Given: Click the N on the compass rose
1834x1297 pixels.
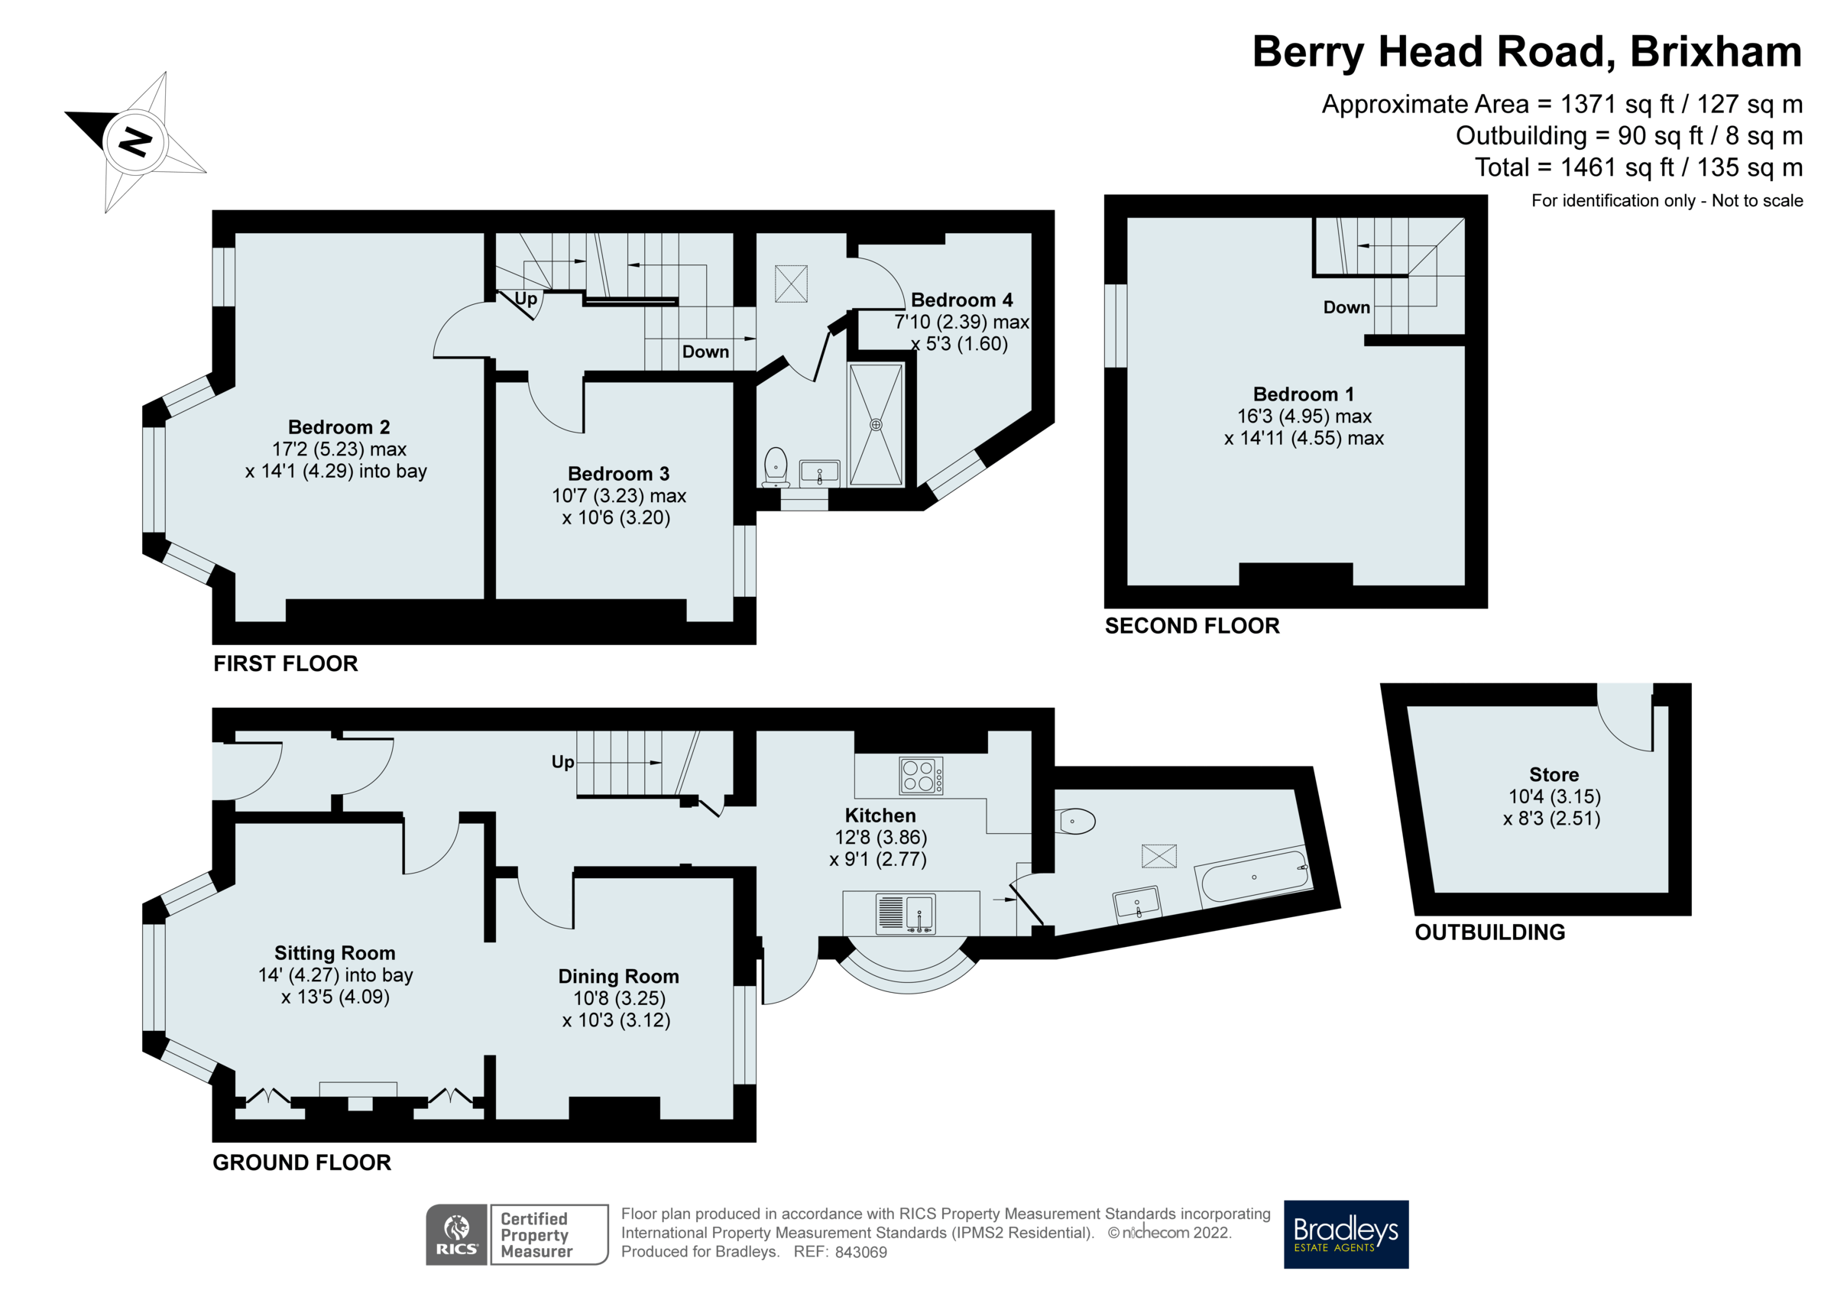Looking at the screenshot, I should [x=134, y=141].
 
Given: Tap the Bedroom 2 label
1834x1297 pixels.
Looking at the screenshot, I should [x=339, y=426].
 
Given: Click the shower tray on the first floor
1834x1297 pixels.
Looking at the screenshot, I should [x=876, y=424].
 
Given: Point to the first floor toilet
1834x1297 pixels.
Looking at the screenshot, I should [x=776, y=466].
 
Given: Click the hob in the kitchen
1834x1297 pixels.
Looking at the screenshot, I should [x=920, y=775].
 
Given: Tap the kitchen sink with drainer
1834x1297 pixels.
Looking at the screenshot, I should [x=905, y=913].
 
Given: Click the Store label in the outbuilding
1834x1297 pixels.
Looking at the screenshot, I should [x=1553, y=774].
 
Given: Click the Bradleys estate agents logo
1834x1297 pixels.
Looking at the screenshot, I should [x=1345, y=1234].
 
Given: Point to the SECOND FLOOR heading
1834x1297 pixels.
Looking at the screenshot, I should [x=1191, y=626].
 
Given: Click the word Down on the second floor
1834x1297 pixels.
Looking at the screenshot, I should [x=1346, y=307].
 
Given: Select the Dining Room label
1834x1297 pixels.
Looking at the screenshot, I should [x=618, y=976].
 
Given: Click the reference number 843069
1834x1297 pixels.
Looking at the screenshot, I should [x=860, y=1252].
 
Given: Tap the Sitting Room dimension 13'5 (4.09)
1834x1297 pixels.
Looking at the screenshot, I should [x=335, y=997].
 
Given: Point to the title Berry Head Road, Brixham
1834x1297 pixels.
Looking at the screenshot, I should [x=1526, y=52].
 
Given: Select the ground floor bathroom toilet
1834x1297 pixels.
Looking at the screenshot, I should [x=1076, y=821].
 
